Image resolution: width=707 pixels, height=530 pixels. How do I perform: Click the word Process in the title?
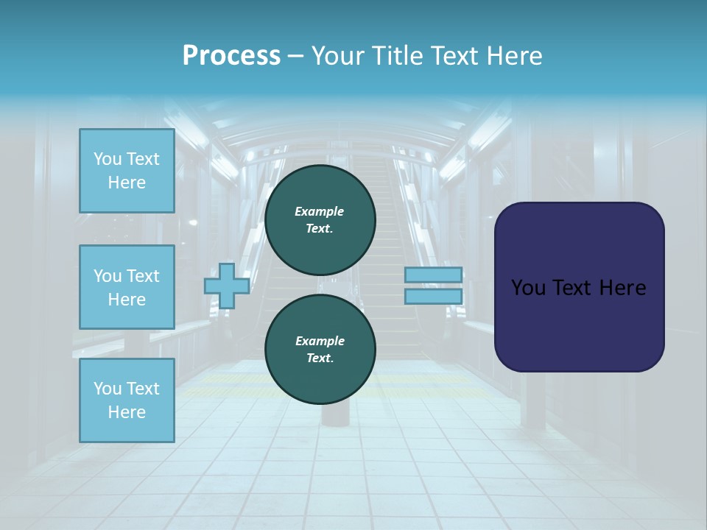pos(231,56)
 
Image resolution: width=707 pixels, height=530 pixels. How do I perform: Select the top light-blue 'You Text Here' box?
pos(127,171)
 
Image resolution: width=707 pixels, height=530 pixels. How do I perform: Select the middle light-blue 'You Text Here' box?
pos(127,287)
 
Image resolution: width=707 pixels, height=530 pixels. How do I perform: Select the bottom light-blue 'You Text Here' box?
pos(127,400)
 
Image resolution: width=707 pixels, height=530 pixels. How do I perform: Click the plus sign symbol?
pos(227,286)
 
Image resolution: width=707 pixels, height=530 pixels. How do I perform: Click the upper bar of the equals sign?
pos(434,275)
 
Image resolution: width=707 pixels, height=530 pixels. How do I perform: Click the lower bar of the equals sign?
pos(434,297)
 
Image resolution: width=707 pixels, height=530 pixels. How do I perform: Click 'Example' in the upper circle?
pos(320,211)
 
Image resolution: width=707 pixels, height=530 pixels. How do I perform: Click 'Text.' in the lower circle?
pos(320,358)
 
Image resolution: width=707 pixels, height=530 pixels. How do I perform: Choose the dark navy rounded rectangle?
pos(579,324)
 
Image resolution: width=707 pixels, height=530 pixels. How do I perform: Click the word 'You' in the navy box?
pos(529,288)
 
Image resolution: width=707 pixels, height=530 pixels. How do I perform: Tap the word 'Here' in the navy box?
pos(622,288)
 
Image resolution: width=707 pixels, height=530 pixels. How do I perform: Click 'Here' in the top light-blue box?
pos(127,183)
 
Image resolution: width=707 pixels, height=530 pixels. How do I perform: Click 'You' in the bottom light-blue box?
pos(108,388)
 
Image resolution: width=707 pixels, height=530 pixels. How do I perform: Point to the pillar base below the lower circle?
pos(335,416)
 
